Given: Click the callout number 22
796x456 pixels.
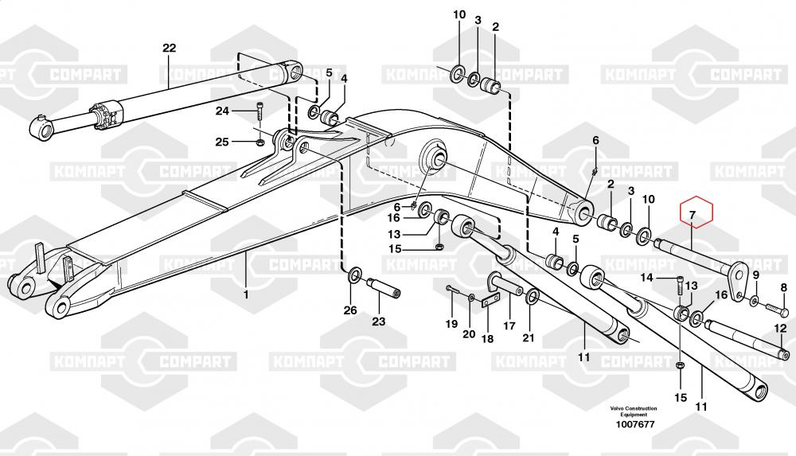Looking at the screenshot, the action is [x=169, y=49].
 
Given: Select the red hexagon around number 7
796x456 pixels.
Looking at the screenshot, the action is [x=696, y=211].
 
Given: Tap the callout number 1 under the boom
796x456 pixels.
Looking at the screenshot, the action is [x=246, y=294].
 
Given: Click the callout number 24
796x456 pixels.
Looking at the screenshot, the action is [x=222, y=111].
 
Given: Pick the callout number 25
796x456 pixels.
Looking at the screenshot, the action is [x=222, y=142].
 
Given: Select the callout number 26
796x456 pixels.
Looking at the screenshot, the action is [x=350, y=310].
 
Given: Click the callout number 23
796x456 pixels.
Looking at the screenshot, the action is [x=379, y=321].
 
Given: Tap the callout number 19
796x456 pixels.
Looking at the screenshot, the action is [x=451, y=324].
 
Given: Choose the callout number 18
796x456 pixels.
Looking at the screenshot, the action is [x=487, y=338].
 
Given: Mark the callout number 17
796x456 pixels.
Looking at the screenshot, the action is [x=509, y=326].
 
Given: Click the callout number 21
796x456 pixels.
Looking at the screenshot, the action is [x=529, y=337].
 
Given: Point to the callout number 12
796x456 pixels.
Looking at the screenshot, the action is [x=780, y=329].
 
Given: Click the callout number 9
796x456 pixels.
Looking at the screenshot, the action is [x=755, y=275].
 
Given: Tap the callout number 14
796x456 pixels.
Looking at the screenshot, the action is [x=646, y=278].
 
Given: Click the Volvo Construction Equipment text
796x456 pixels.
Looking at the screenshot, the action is [x=633, y=411].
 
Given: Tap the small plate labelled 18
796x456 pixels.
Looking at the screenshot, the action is [x=488, y=302].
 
